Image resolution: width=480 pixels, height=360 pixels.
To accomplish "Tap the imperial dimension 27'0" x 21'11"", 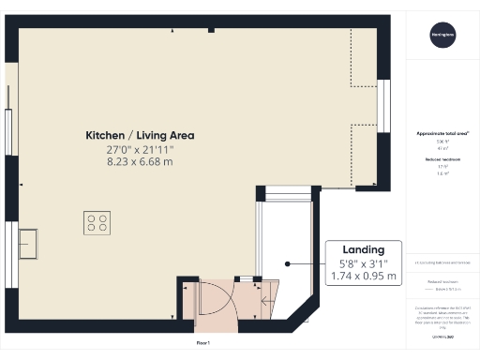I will click(x=140, y=149).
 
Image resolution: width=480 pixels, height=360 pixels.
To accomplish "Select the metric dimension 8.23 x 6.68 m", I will click(x=140, y=162).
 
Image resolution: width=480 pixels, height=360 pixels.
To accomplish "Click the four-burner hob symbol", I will click(x=97, y=222).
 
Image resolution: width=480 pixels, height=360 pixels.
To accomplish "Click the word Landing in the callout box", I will click(x=363, y=249).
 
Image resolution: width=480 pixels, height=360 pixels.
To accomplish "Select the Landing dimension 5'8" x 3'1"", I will click(x=363, y=263).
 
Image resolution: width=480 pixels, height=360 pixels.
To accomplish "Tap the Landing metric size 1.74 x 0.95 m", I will click(x=363, y=277).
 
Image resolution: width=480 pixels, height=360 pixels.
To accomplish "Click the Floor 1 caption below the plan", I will click(x=203, y=343).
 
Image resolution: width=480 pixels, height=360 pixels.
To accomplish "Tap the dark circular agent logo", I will click(x=442, y=36).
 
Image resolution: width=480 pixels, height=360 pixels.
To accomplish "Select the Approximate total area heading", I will click(x=442, y=134).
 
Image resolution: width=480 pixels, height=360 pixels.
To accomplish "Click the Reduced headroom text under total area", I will click(x=442, y=160).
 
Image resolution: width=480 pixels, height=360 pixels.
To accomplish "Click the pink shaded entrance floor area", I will click(x=211, y=300).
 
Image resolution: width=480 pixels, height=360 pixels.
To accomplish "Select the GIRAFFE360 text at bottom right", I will click(x=442, y=336).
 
